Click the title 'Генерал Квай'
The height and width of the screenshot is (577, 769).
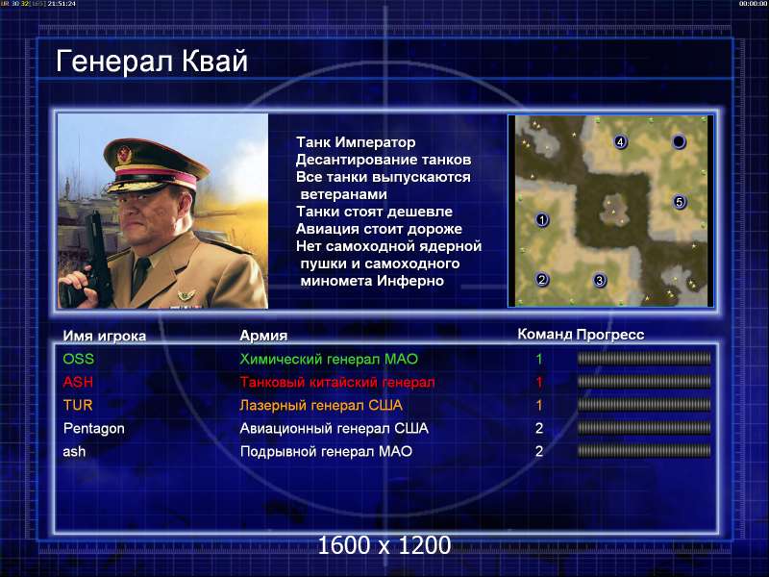152,62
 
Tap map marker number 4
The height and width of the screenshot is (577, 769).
620,141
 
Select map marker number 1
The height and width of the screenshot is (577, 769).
542,219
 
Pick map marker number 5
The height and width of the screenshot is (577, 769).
680,202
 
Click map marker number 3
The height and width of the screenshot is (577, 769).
599,280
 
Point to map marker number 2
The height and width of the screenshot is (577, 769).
541,279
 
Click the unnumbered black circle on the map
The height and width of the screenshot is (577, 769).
679,141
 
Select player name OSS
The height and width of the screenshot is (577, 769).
79,359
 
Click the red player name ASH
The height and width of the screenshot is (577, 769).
78,382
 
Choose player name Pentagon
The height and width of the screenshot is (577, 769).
93,428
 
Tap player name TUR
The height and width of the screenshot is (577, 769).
78,405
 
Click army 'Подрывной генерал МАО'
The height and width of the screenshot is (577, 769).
326,451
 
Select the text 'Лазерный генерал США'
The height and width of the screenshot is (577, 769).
321,405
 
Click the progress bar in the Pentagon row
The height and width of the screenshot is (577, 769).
644,428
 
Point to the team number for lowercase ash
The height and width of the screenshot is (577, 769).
539,451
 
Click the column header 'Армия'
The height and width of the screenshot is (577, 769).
263,336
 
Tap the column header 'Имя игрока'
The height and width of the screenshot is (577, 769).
105,336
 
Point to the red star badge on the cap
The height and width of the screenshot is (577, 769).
124,156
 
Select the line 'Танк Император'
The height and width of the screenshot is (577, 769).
356,142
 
